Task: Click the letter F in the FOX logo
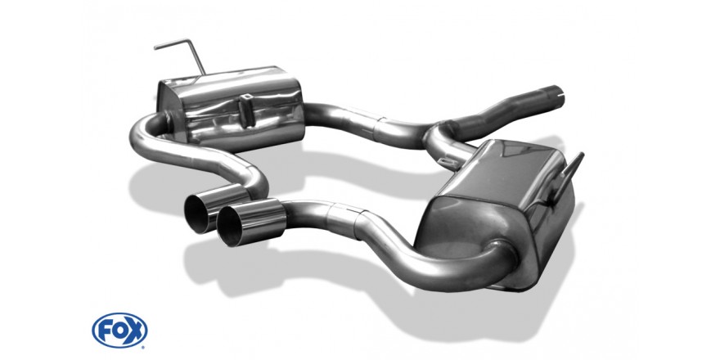click(x=104, y=331)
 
